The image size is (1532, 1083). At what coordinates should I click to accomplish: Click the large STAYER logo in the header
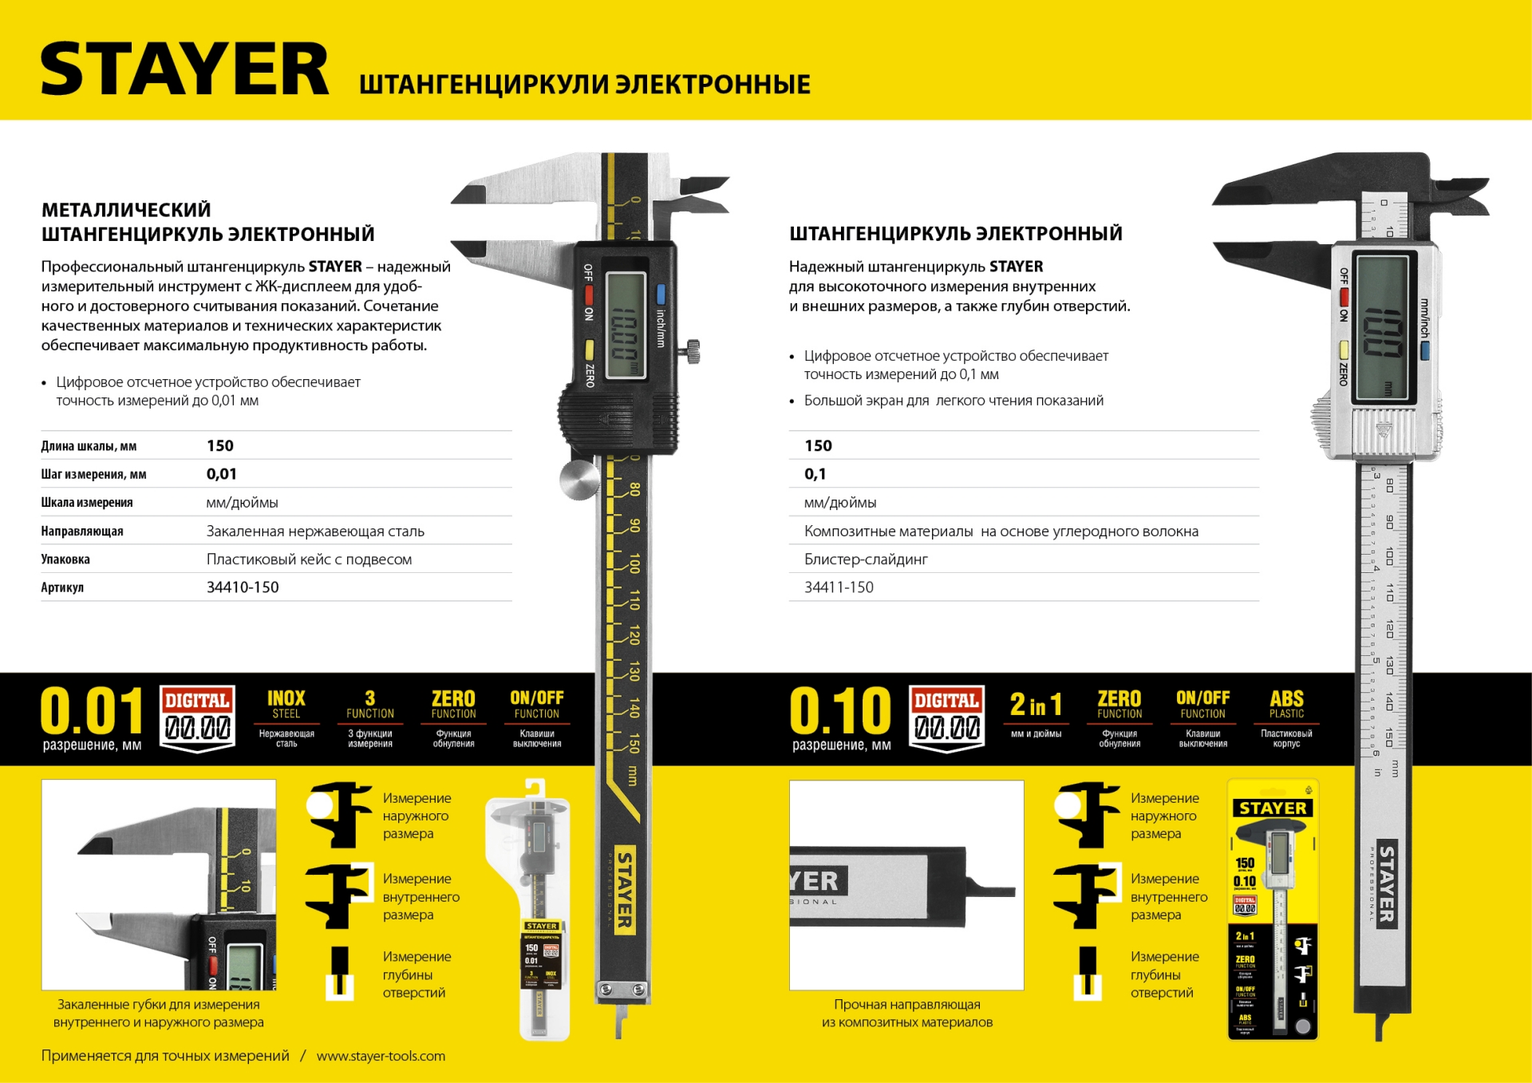coord(184,69)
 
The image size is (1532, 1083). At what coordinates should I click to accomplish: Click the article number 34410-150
coord(243,587)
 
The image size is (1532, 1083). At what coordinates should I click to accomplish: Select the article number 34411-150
coord(839,587)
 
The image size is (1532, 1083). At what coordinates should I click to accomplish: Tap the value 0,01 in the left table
coord(221,474)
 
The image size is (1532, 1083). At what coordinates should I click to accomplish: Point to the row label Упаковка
coord(65,559)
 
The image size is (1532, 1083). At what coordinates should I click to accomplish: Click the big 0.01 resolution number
coord(91,710)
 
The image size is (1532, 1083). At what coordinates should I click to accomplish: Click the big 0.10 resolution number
coord(840,710)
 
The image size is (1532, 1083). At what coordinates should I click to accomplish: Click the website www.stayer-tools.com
coord(381,1056)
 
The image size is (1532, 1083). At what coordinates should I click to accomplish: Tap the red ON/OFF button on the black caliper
coord(589,294)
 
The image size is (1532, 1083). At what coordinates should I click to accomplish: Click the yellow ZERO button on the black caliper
coord(589,350)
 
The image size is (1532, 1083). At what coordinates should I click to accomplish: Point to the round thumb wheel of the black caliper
coord(579,479)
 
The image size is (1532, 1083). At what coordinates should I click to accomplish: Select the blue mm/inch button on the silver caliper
coord(1424,350)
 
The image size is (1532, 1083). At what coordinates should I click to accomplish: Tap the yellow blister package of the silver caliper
coord(1272,910)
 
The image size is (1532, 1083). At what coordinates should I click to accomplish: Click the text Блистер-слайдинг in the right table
coord(866,559)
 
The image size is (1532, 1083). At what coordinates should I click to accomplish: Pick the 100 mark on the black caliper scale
coord(634,563)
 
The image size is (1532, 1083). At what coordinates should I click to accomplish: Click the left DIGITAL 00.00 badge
coord(197,718)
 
